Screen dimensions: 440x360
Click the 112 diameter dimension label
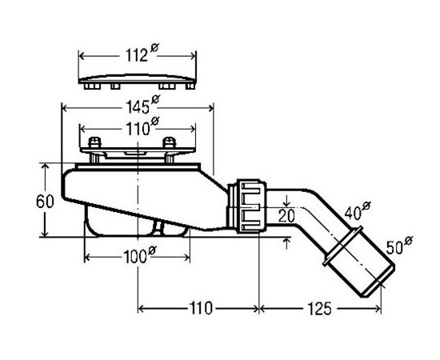[142, 53]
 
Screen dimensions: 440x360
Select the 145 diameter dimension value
[142, 104]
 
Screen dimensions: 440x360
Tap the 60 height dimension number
[45, 201]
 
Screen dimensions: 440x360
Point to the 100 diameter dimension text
[139, 254]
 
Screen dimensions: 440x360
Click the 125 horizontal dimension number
[319, 309]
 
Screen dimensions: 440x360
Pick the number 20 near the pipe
[286, 216]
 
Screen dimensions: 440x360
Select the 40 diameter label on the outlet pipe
[358, 210]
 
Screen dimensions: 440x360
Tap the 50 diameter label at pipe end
[399, 245]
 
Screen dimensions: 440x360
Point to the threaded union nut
[252, 206]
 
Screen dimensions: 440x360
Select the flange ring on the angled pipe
[342, 246]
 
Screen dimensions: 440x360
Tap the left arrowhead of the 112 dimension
[82, 56]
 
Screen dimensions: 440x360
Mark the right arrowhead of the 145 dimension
[210, 108]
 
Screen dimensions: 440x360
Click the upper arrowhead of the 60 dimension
[45, 166]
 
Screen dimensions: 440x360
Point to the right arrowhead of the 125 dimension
[378, 309]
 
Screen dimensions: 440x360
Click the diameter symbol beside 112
[154, 48]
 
